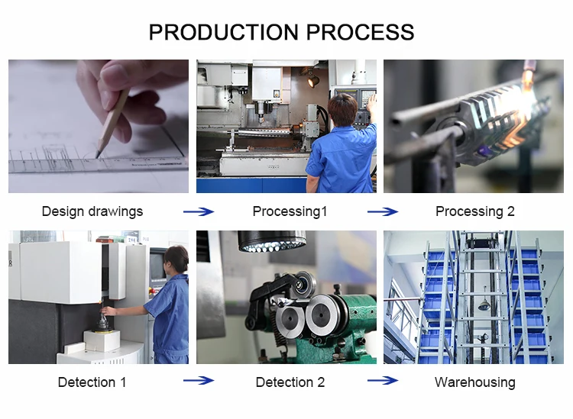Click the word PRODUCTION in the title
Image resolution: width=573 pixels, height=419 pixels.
(225, 32)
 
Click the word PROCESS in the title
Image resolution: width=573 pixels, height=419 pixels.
(361, 32)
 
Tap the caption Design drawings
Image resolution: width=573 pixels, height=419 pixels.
(92, 211)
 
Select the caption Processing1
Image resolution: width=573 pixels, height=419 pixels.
(290, 211)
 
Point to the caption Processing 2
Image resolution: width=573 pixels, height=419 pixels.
(475, 211)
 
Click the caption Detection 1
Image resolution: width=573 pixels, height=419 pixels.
(92, 382)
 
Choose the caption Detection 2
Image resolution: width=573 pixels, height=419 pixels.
(290, 382)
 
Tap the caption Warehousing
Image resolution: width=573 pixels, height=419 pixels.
(475, 382)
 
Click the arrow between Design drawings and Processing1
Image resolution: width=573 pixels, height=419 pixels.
(199, 211)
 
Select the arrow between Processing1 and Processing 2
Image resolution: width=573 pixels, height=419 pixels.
(383, 211)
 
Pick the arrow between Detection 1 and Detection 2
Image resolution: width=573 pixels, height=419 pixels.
(199, 380)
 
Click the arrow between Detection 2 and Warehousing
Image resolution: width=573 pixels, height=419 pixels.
(383, 380)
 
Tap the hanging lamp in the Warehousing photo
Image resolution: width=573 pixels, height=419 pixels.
(484, 305)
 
